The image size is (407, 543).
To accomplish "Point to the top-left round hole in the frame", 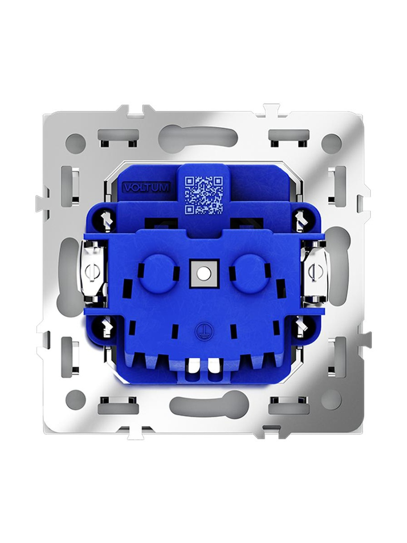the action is (x=76, y=142).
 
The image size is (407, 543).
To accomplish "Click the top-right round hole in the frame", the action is (x=332, y=142).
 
